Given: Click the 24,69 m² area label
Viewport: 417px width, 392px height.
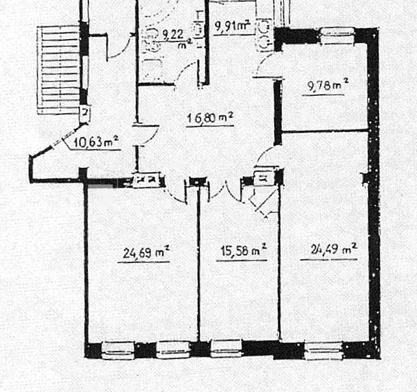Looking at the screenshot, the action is click(146, 252).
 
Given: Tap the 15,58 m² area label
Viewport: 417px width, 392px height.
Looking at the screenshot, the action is click(243, 250).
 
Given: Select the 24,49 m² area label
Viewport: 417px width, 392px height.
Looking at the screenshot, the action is click(334, 250).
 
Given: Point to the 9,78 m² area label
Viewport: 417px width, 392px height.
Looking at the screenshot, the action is click(327, 85).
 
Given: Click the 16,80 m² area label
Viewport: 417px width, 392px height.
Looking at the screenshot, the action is click(210, 118).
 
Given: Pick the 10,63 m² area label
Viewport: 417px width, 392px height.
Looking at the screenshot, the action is click(96, 142).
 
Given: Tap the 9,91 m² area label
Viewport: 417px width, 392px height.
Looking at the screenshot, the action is click(232, 26).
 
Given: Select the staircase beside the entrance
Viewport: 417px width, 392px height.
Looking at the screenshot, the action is click(59, 70).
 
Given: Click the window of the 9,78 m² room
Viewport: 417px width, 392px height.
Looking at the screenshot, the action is click(338, 35).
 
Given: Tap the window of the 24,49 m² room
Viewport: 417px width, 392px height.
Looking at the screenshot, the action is click(324, 351).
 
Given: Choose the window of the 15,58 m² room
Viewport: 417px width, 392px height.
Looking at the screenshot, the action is click(226, 349).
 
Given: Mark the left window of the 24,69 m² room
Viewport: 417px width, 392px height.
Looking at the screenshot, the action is click(118, 350).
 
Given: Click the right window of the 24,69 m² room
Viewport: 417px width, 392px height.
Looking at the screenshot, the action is click(172, 350).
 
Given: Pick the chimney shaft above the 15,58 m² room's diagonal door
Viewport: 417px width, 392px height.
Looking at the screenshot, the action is click(264, 178).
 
